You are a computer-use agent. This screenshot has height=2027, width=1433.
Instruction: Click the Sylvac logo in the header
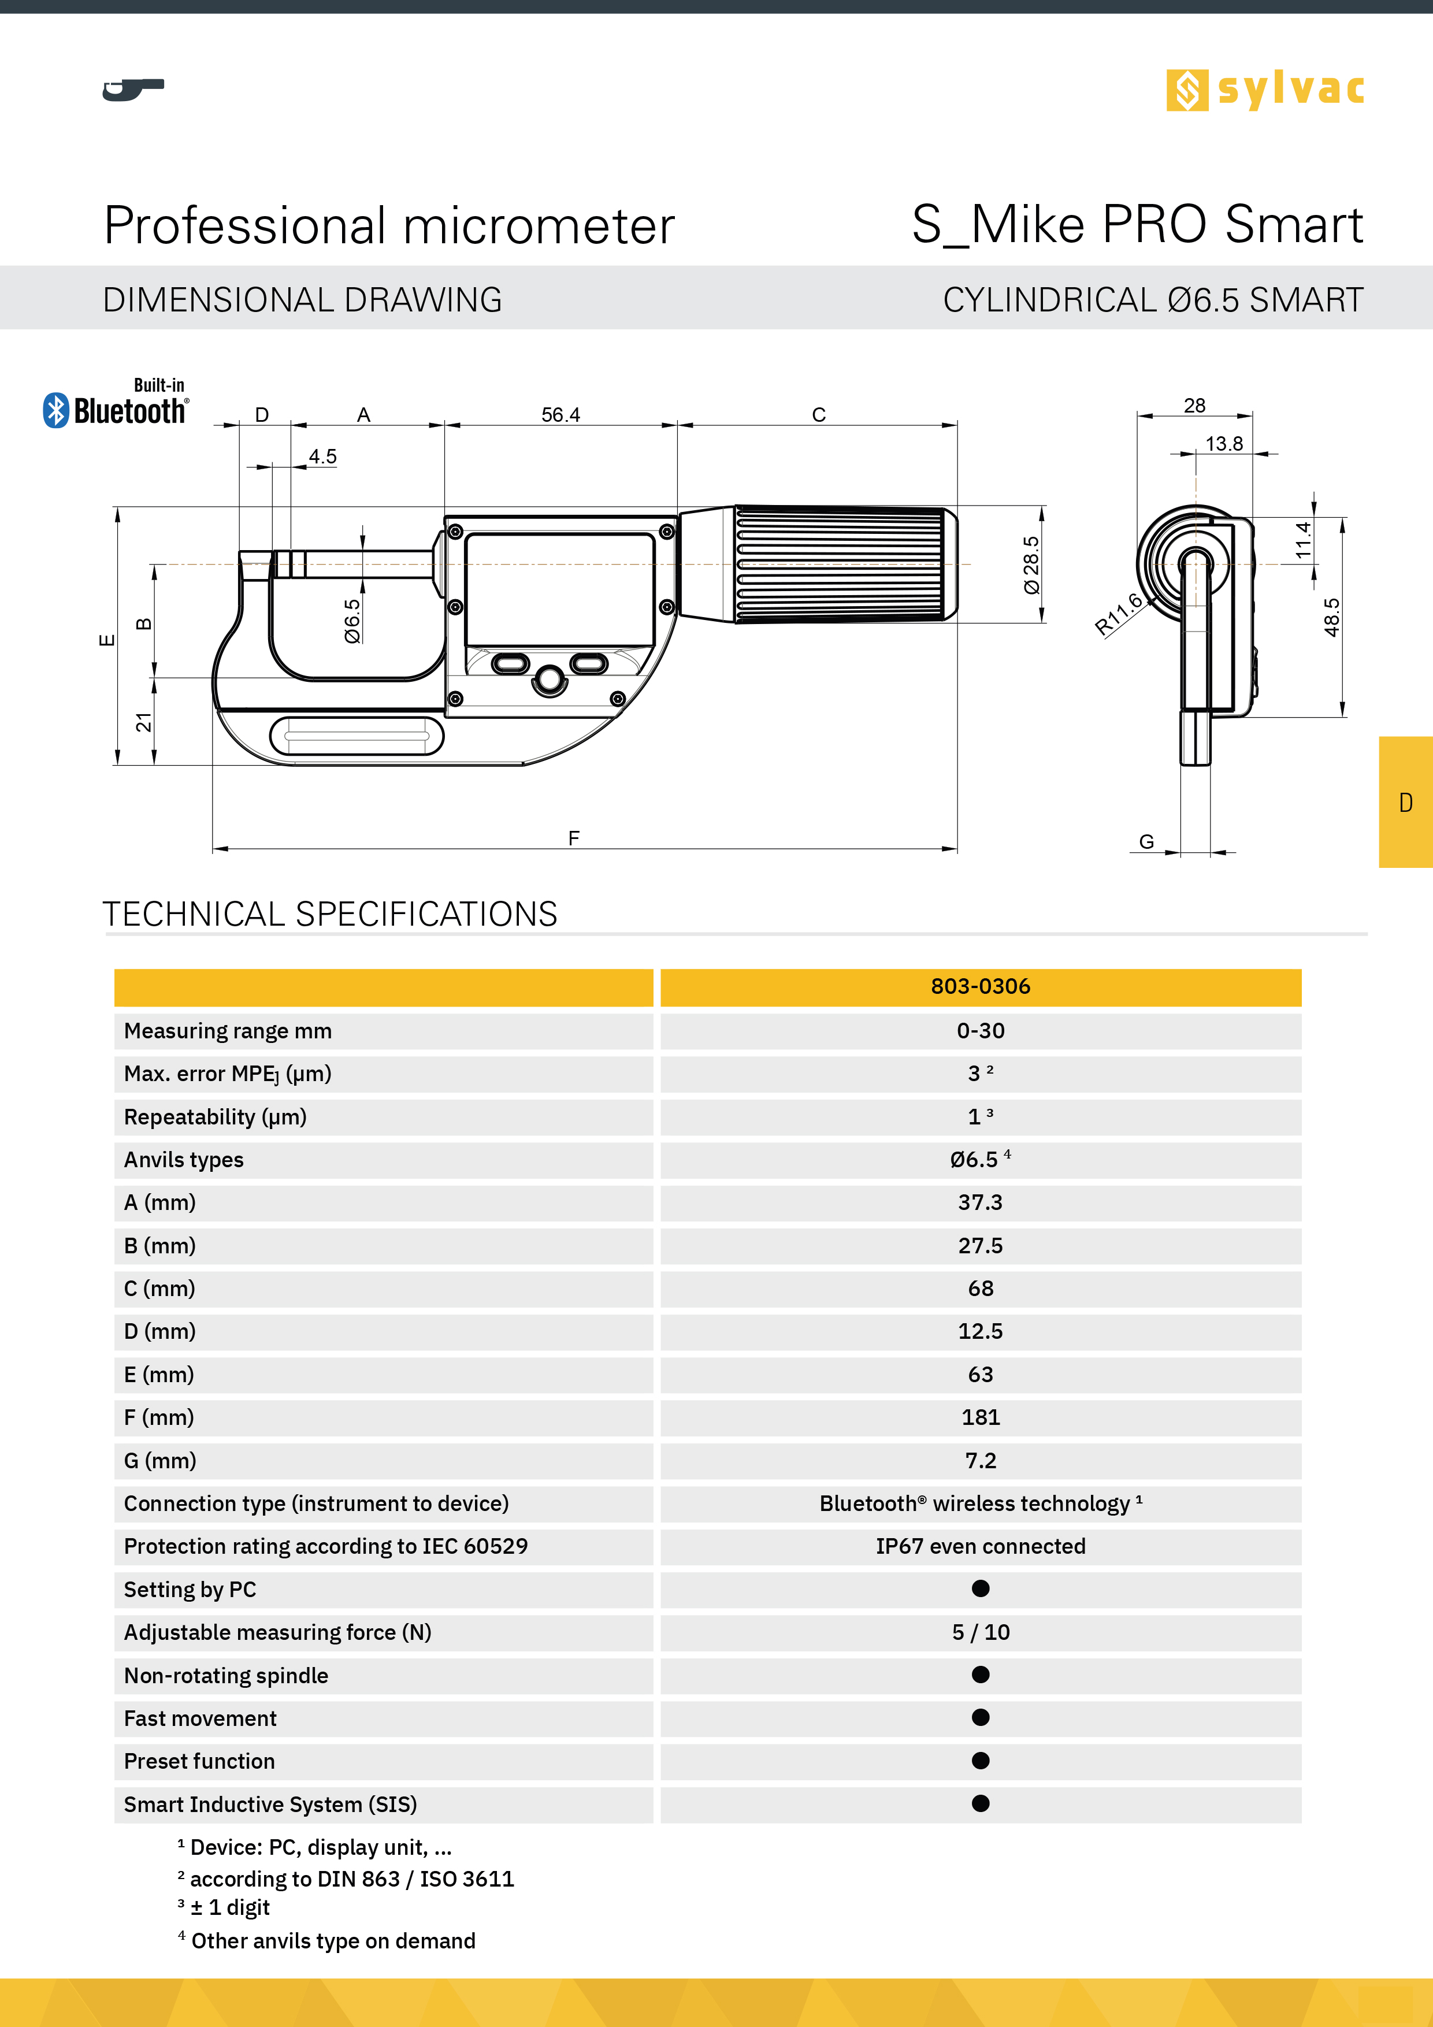point(1264,90)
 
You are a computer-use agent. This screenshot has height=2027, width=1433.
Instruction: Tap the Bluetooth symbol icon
point(55,410)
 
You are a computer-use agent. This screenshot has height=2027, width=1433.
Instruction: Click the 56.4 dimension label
point(560,415)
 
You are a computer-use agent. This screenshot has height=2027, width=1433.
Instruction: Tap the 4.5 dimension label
point(322,456)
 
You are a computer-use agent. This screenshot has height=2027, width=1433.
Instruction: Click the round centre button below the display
point(549,679)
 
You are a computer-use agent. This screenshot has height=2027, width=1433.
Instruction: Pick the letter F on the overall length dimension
point(574,838)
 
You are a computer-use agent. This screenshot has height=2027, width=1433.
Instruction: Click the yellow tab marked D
point(1406,801)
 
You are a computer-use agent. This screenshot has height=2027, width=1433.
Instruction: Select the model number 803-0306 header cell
point(980,987)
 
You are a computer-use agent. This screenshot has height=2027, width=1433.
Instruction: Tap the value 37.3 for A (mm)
point(980,1202)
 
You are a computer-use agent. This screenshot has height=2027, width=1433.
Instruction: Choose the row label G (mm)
point(160,1460)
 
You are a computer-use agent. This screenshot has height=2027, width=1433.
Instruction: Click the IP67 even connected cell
point(980,1546)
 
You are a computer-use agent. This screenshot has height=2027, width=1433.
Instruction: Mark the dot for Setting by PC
point(980,1588)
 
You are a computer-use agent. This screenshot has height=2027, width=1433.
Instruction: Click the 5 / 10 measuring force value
point(980,1632)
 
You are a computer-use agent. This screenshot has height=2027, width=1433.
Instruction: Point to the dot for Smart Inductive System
point(980,1803)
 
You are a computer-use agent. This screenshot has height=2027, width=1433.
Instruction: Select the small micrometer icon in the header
point(132,89)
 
